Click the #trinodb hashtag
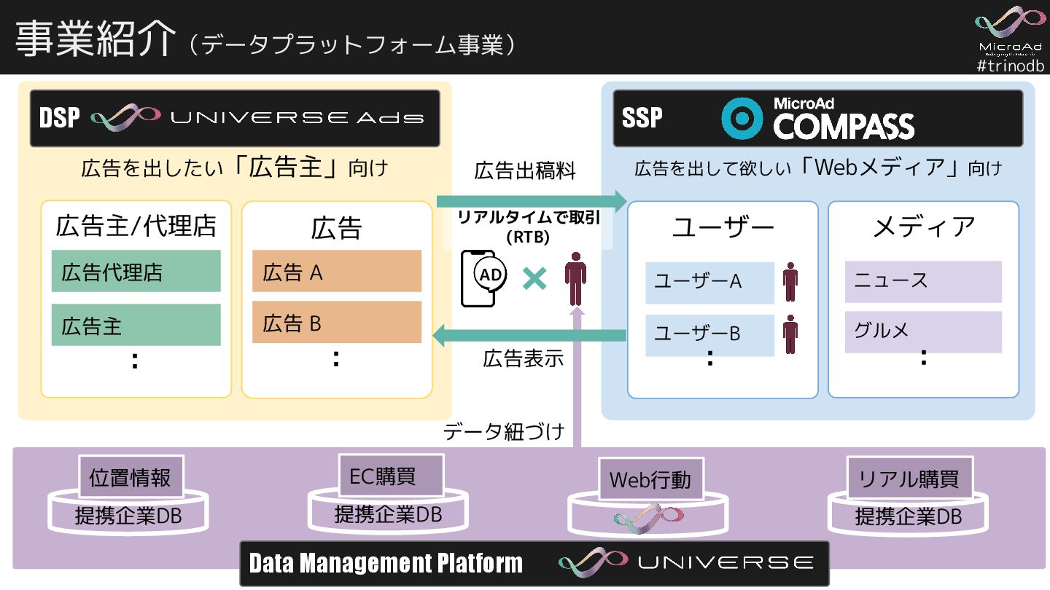1010,66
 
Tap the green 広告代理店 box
136,272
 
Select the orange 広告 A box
337,272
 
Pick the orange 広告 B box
337,323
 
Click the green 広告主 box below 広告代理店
136,325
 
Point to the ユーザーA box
709,282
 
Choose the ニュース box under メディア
922,281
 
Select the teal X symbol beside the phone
534,278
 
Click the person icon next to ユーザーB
790,334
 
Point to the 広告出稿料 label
525,171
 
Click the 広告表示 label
523,358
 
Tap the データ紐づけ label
504,432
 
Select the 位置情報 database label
131,478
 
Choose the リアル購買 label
909,479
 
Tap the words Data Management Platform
386,563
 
